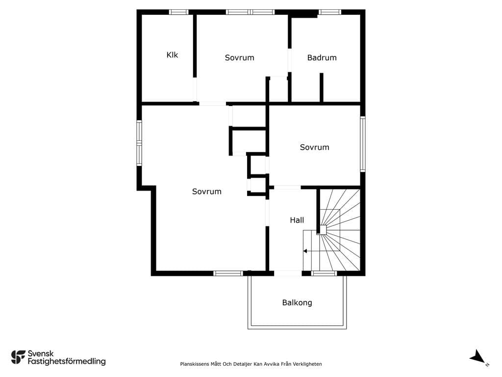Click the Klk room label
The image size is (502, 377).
click(x=172, y=55)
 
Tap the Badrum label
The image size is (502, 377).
click(x=322, y=58)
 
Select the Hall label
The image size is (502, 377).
click(x=297, y=220)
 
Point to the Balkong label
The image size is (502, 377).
click(x=297, y=302)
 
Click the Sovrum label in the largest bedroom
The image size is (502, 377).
click(x=207, y=191)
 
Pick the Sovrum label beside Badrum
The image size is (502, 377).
click(x=239, y=58)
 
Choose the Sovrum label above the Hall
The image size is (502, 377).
click(x=314, y=147)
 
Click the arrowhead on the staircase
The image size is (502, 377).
click(x=305, y=251)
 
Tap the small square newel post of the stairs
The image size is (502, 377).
click(x=323, y=230)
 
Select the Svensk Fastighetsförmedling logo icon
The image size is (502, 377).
click(x=18, y=357)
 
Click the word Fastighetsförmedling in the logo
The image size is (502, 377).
click(x=67, y=362)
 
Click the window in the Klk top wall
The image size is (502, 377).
click(x=179, y=12)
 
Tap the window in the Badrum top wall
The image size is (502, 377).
click(x=329, y=12)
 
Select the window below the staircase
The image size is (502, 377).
click(x=324, y=273)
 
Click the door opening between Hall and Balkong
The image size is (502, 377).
click(x=287, y=273)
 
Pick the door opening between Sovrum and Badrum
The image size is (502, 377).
click(x=289, y=60)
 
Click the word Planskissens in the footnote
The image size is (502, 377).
click(x=194, y=364)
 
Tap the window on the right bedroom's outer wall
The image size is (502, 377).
click(x=363, y=144)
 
